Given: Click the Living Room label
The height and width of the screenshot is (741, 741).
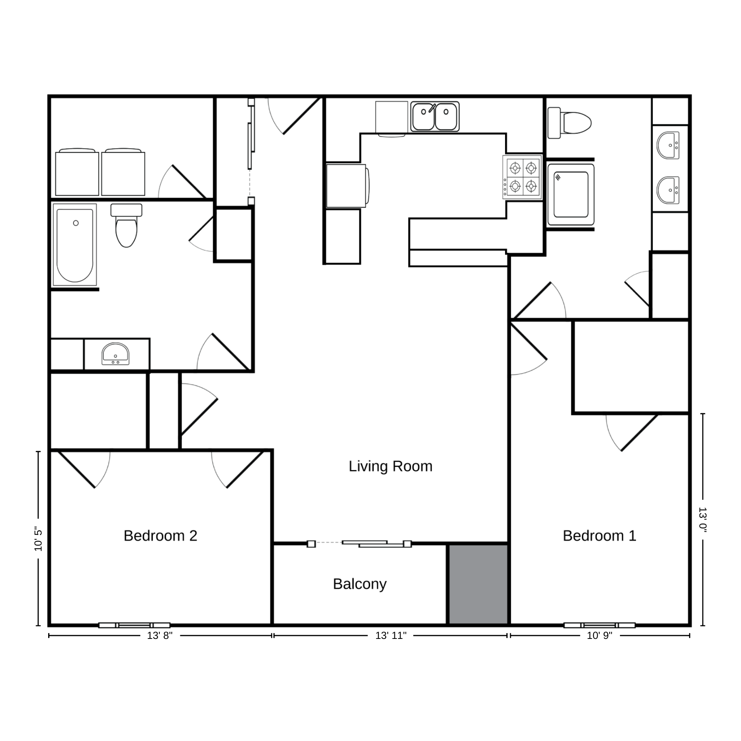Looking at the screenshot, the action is (390, 466).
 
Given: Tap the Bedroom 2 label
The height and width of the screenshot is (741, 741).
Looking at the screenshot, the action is (160, 536).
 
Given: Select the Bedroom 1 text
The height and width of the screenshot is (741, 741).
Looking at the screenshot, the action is (599, 536).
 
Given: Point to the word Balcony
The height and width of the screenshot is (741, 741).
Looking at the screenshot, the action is (360, 584).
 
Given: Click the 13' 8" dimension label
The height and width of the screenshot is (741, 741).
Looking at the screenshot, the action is (160, 636).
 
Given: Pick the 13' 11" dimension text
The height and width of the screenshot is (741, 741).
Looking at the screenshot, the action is (391, 636).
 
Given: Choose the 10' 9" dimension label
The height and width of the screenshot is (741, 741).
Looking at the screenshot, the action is (599, 636).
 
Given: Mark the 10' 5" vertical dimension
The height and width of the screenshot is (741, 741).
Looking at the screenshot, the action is (38, 539).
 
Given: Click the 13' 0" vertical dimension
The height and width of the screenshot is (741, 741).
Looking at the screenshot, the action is (702, 520).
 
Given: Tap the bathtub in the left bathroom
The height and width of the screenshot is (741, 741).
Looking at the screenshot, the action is (75, 245).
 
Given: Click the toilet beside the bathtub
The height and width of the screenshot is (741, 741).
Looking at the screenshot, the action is (126, 225).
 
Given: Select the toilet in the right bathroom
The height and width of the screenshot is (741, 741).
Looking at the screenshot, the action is (569, 123).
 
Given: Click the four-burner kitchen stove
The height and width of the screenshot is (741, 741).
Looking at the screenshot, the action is (522, 177).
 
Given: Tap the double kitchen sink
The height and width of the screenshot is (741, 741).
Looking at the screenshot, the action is (435, 117).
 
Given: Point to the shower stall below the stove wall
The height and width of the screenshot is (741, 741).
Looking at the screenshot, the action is (571, 194).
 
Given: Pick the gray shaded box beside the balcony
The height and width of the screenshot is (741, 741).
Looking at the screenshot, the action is (478, 585).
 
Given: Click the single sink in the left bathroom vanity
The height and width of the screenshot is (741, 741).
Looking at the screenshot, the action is (116, 354).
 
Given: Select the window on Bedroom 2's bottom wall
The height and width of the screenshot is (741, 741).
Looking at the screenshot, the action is (134, 625).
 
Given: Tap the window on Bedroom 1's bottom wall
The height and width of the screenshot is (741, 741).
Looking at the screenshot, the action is (599, 625).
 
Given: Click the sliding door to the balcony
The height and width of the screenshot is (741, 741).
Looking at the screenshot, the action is (359, 544).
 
